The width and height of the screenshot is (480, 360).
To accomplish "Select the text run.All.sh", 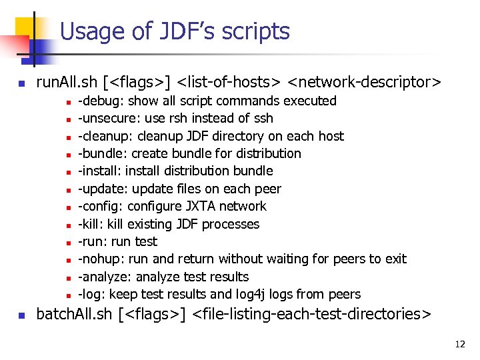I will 67,83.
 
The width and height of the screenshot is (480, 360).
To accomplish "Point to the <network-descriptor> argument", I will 364,83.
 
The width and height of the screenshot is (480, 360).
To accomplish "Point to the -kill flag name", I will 89,224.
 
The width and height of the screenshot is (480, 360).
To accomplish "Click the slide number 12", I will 459,345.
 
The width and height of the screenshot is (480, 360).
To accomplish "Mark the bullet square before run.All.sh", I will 21,84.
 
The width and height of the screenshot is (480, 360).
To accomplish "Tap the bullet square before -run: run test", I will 68,242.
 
